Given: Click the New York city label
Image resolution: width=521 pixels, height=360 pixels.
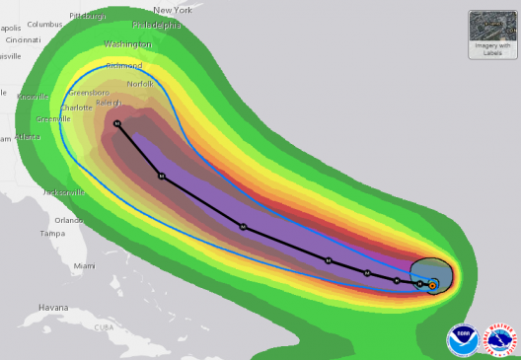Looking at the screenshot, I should (x=172, y=9).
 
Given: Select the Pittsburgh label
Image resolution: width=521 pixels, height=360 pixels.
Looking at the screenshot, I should (x=89, y=17).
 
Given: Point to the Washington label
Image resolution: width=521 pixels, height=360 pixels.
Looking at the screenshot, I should (x=127, y=44).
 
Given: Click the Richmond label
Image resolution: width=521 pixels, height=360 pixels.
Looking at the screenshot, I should (x=123, y=66).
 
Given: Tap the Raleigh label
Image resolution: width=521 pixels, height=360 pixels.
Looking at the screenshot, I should (x=109, y=102).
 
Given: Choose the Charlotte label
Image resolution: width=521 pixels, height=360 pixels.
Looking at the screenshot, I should (x=76, y=107).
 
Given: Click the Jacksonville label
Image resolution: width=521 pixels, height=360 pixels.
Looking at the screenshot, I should (x=62, y=192).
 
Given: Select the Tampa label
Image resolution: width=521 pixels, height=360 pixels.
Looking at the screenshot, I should (x=51, y=234).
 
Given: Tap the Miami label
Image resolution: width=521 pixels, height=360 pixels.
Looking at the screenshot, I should (x=85, y=266).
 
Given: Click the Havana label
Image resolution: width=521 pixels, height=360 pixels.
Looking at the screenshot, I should (x=53, y=307).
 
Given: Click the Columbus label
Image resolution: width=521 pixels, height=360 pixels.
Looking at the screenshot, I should (x=43, y=24).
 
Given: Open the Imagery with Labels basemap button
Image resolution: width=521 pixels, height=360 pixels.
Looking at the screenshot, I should (x=491, y=33).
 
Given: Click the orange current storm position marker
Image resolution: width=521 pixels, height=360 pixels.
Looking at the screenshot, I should (x=432, y=285).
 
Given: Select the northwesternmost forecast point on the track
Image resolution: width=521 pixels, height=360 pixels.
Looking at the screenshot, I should (x=117, y=123).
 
